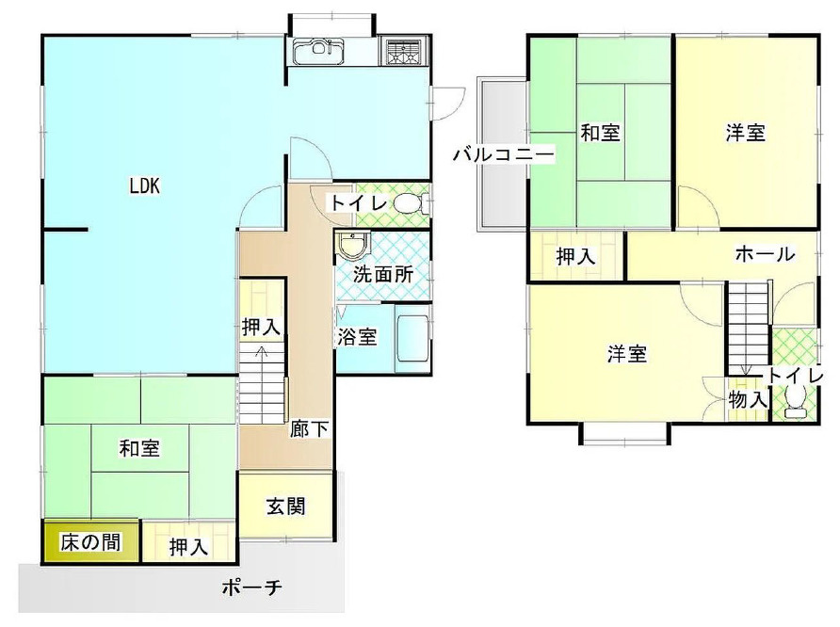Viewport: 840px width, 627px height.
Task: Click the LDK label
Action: point(145,185)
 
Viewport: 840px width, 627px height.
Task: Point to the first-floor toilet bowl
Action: point(407,202)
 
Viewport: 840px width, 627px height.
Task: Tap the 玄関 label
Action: point(284,506)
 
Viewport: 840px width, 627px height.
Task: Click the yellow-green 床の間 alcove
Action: point(90,543)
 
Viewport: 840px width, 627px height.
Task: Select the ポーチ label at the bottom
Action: point(252,588)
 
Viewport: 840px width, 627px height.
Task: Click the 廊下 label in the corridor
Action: point(309,429)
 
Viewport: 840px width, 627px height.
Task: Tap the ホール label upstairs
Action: point(764,254)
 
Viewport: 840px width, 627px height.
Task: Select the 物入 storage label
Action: point(749,400)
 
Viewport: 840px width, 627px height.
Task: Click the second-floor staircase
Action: point(747,330)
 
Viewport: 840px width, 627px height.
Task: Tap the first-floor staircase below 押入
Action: point(261,381)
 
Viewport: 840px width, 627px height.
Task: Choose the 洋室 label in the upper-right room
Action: point(745,134)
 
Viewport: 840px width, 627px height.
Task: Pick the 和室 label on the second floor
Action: point(599,133)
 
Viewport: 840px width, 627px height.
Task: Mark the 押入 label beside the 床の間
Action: point(189,546)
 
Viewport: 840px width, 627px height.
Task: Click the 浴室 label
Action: point(358,336)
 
